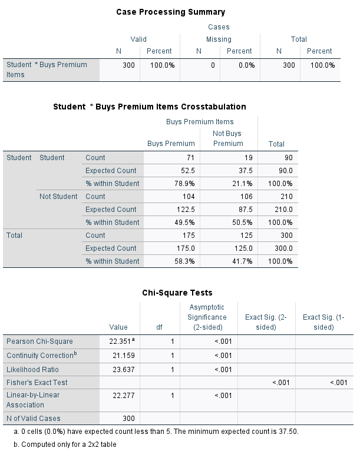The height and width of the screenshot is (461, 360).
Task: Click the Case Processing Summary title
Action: pyautogui.click(x=170, y=12)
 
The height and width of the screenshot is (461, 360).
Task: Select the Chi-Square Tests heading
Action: pyautogui.click(x=177, y=293)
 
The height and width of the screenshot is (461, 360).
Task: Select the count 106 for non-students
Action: pyautogui.click(x=236, y=197)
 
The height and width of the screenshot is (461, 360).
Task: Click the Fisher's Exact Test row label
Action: pyautogui.click(x=37, y=383)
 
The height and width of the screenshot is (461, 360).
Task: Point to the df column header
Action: pyautogui.click(x=158, y=327)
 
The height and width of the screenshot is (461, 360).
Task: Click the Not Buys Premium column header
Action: pyautogui.click(x=228, y=138)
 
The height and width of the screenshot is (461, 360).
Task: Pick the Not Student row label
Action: pyautogui.click(x=58, y=197)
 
